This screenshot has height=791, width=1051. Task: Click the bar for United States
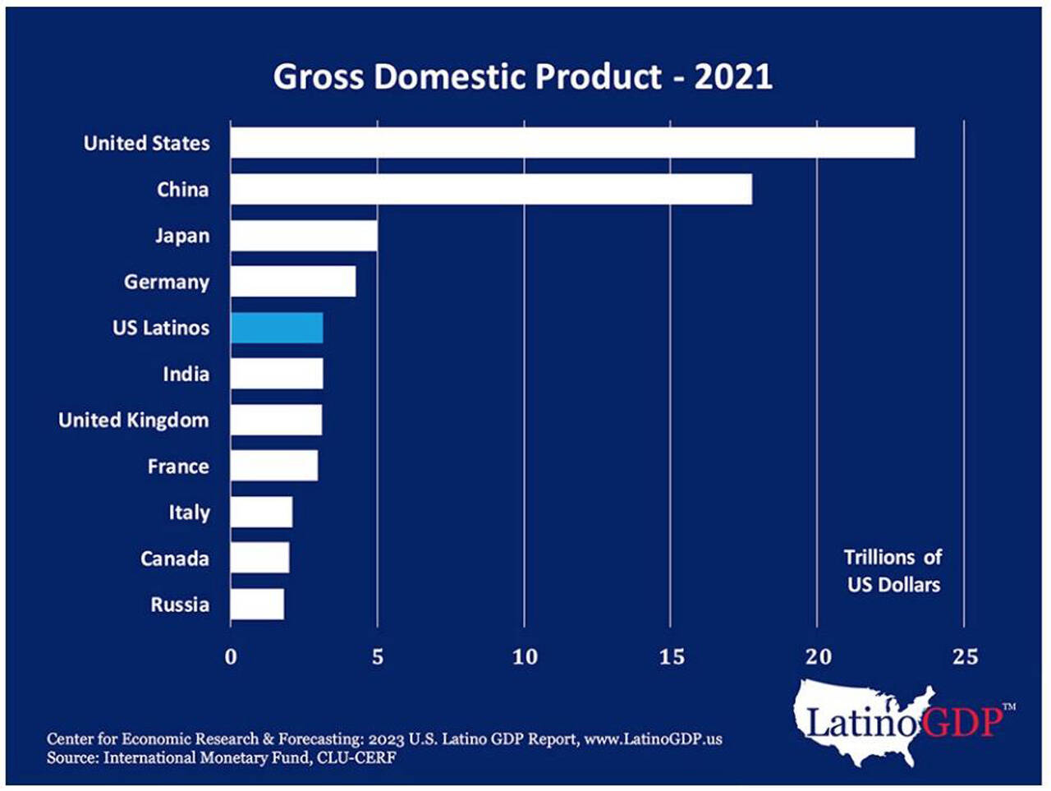572,143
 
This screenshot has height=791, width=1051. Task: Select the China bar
491,189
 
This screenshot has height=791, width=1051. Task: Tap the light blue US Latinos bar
277,328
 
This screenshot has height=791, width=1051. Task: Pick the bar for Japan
304,236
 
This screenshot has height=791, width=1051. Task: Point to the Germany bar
293,282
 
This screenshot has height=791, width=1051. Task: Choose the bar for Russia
257,605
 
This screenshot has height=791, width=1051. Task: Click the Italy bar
261,513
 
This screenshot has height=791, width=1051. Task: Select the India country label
186,375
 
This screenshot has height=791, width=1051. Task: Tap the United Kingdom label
134,421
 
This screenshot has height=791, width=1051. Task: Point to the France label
178,467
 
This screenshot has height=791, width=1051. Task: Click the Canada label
174,559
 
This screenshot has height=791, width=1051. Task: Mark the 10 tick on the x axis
525,657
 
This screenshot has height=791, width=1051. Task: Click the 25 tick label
966,657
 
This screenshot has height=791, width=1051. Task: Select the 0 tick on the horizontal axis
231,657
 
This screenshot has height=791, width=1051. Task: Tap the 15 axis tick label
672,657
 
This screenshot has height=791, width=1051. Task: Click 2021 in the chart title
733,76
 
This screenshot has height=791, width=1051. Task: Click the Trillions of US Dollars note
893,571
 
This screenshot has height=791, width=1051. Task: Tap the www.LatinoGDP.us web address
653,738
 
